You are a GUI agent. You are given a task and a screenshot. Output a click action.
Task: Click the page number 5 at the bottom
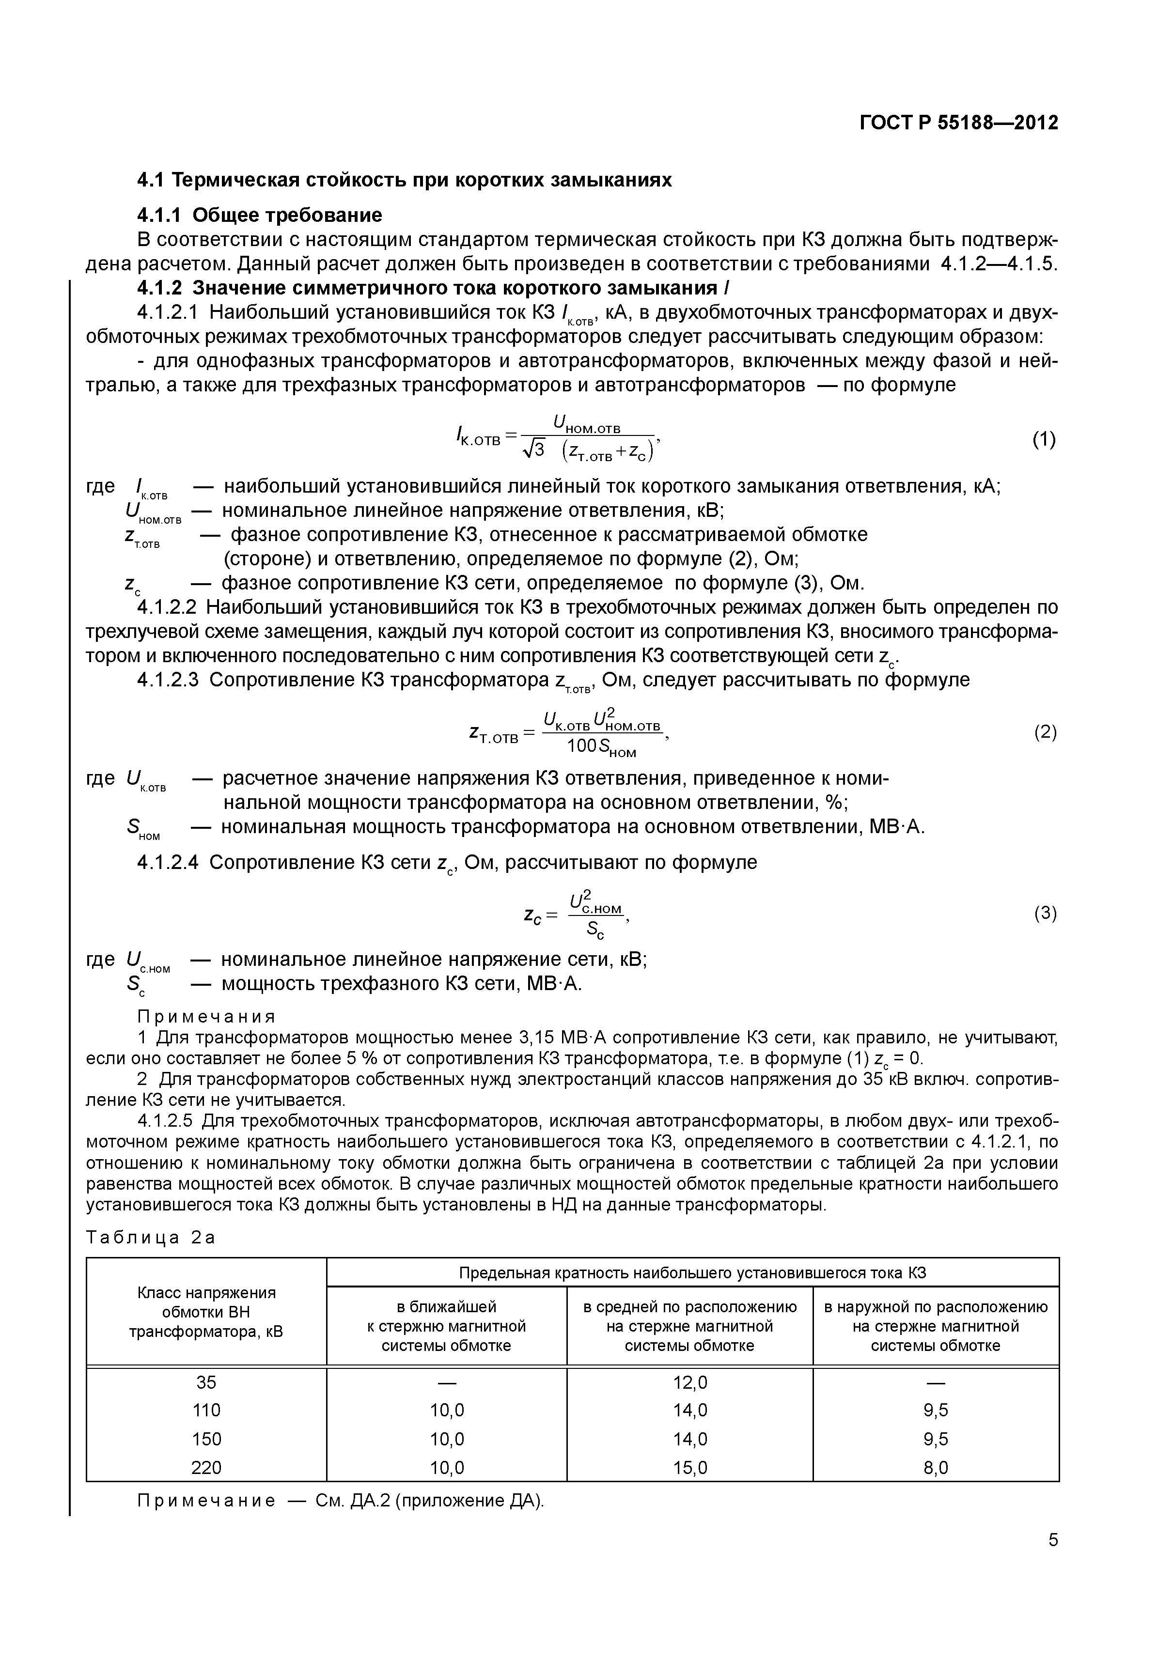(x=1053, y=1540)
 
